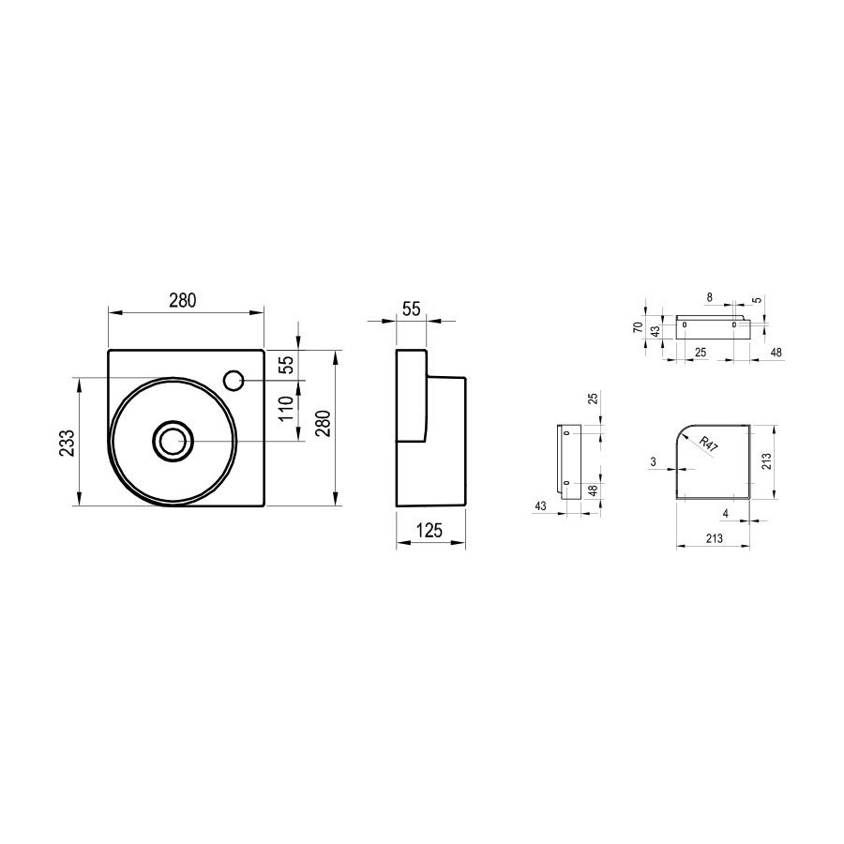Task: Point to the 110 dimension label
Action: pos(286,408)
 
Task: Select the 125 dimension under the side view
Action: pos(429,531)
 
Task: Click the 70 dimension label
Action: pos(638,326)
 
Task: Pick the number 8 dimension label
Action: pos(710,297)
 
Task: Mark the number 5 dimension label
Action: pos(759,300)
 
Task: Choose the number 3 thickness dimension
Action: pos(654,461)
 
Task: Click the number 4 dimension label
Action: pos(726,514)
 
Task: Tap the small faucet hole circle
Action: pos(234,381)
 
